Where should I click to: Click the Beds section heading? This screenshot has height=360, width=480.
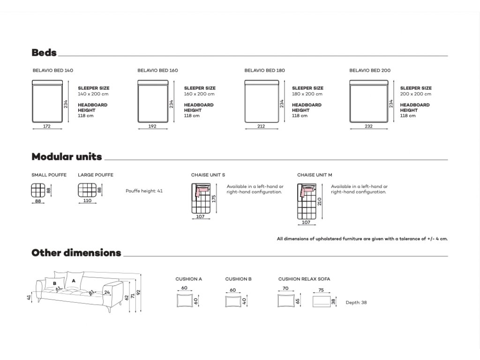click(44, 52)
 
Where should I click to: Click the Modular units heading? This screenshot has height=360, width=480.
click(67, 157)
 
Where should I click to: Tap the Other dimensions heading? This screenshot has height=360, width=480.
click(76, 253)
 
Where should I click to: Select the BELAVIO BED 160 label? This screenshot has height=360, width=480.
click(157, 71)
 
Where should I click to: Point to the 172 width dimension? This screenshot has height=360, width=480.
click(46, 126)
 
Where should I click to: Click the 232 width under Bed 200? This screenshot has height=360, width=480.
click(369, 126)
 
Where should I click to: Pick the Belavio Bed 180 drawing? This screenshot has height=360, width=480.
click(262, 101)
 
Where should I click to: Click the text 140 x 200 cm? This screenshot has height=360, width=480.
click(93, 94)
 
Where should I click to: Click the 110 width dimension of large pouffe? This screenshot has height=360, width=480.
click(87, 201)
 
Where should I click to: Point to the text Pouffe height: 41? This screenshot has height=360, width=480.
click(144, 191)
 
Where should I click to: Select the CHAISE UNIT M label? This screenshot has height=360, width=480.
click(315, 175)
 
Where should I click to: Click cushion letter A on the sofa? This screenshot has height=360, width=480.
click(74, 280)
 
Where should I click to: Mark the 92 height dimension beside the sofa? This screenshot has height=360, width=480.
click(139, 293)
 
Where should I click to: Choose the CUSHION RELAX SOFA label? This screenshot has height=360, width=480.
click(304, 279)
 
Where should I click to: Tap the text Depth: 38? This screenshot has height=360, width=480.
click(356, 303)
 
